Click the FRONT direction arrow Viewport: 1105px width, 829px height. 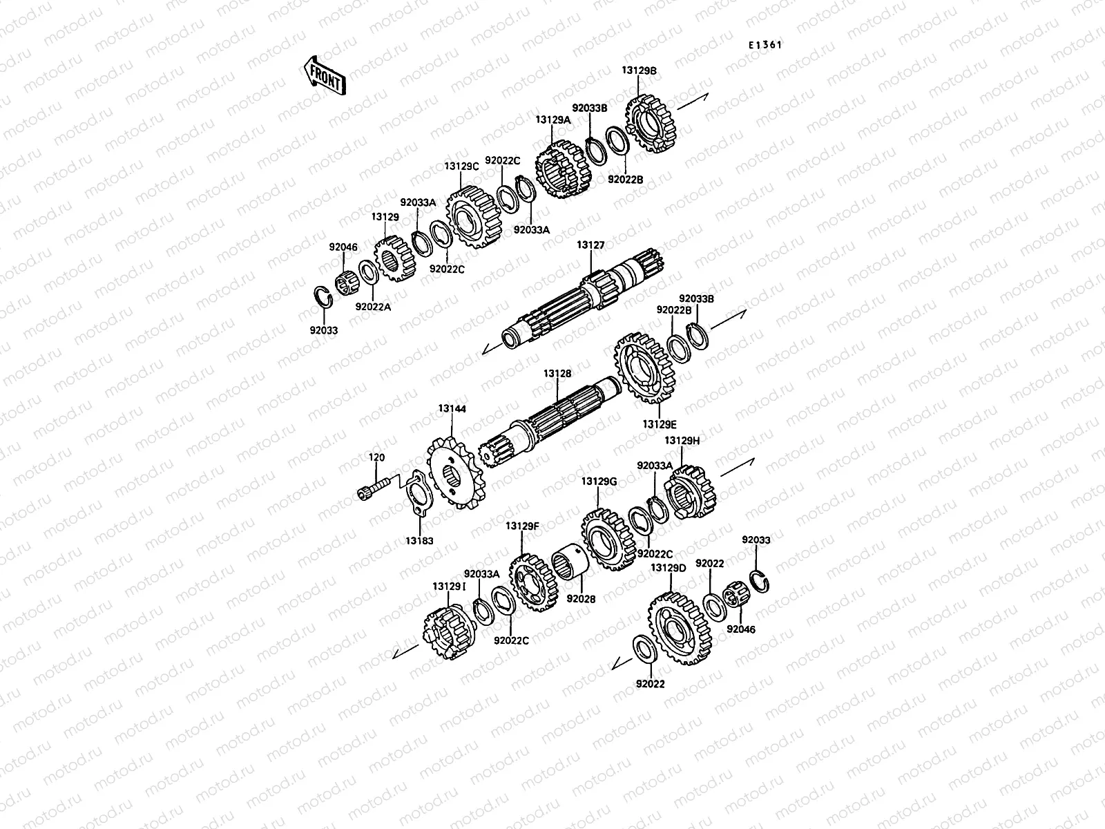coord(323,75)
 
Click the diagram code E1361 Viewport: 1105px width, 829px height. coord(765,45)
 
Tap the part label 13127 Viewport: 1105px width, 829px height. coord(590,245)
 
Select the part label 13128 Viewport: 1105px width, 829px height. coord(557,374)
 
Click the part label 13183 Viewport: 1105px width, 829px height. coord(419,540)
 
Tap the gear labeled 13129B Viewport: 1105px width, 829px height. coord(652,124)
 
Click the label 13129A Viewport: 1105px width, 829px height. coord(552,120)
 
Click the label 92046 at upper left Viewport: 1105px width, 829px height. coord(343,247)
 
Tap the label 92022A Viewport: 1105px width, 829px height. coord(374,307)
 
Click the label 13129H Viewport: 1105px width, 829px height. coord(682,440)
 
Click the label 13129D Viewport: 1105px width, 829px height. coord(668,568)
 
